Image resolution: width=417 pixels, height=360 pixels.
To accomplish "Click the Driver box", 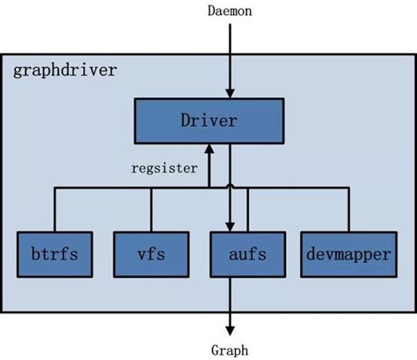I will pos(208,121).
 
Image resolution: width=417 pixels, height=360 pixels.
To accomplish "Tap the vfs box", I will pos(151,256).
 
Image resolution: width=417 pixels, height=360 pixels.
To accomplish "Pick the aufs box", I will pos(238,256).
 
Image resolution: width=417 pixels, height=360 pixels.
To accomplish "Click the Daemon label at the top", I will pos(230,11).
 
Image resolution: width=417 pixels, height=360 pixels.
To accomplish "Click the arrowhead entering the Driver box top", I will pos(230,93).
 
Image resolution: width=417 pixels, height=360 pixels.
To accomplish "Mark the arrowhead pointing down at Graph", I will pos(230,326).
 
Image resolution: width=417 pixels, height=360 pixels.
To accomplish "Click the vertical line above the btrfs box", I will pos(55,209).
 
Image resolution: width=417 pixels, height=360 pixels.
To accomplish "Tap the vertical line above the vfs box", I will pos(151,209).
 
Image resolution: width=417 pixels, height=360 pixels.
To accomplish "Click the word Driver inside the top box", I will pos(208,121).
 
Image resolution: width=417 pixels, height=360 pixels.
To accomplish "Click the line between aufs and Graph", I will pos(230,299).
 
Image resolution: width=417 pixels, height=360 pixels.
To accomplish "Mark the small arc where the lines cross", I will pos(230,187).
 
